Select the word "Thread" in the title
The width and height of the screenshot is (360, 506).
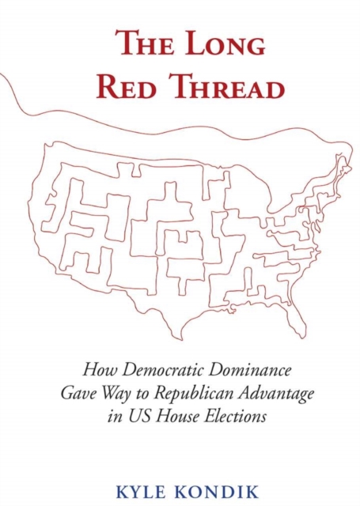pyautogui.click(x=224, y=86)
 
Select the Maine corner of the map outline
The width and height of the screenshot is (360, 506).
pyautogui.click(x=344, y=163)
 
